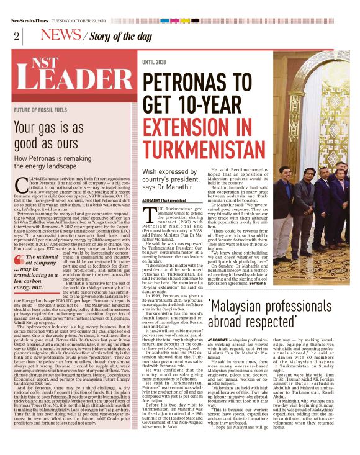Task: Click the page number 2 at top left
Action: click(14, 35)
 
